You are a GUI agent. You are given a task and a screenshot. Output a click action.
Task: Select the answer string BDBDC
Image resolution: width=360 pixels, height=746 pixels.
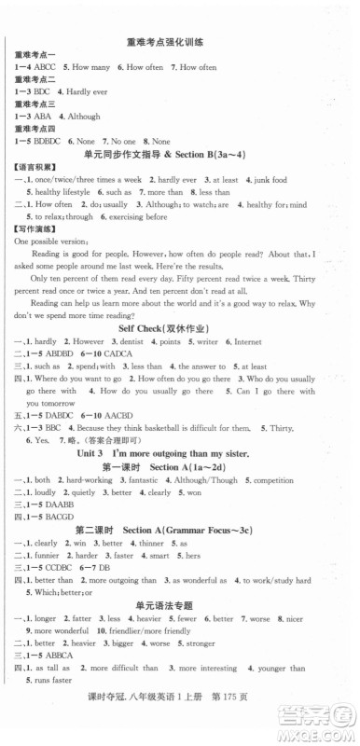click(49, 136)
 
